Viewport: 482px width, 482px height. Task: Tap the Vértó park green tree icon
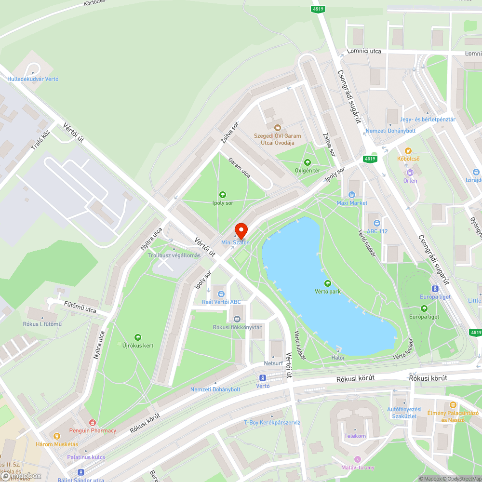click(x=328, y=283)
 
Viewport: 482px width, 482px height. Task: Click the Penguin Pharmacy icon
click(x=99, y=422)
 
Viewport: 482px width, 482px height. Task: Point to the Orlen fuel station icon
click(x=410, y=172)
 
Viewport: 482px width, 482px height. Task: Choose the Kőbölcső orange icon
click(x=408, y=150)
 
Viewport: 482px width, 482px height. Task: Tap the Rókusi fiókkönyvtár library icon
click(x=237, y=319)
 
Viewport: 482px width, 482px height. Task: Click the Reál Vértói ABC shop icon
click(x=221, y=294)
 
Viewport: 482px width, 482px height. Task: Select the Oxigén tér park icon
click(x=308, y=162)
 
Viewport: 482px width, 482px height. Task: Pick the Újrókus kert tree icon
click(x=137, y=337)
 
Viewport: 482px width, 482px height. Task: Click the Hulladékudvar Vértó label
click(x=33, y=79)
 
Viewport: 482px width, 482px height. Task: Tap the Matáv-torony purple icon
click(x=357, y=459)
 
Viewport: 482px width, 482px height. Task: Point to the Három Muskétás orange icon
click(x=57, y=436)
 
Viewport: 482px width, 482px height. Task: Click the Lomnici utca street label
click(x=364, y=51)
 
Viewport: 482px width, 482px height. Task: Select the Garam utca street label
click(x=239, y=168)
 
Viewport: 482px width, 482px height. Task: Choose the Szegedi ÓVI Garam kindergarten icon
click(x=277, y=127)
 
